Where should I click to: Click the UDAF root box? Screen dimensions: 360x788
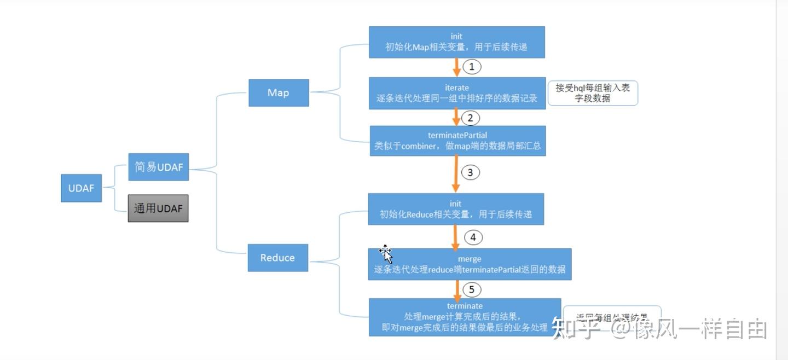point(81,188)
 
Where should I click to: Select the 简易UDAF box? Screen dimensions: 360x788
point(159,167)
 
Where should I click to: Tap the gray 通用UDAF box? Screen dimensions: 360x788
point(158,208)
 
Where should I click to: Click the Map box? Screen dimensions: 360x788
point(279,93)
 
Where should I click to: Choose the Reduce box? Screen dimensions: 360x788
point(277,258)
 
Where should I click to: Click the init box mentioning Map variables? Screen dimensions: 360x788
point(456,42)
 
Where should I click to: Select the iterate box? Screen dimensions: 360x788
point(457,94)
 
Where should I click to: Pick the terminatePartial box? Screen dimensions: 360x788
point(457,141)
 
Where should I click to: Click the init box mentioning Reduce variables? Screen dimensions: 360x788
point(456,209)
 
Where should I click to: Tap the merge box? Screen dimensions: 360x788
point(470,264)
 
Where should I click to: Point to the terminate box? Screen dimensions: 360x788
point(465,317)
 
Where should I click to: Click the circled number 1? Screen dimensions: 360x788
point(472,67)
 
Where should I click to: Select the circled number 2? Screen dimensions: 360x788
point(471,118)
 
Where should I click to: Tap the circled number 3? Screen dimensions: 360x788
point(471,173)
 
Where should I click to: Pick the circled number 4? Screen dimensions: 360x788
point(473,237)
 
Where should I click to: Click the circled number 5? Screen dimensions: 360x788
point(472,289)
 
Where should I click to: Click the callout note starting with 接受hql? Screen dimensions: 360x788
point(593,93)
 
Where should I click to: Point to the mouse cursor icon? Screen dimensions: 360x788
point(386,253)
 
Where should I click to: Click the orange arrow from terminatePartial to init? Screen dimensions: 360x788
point(455,174)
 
